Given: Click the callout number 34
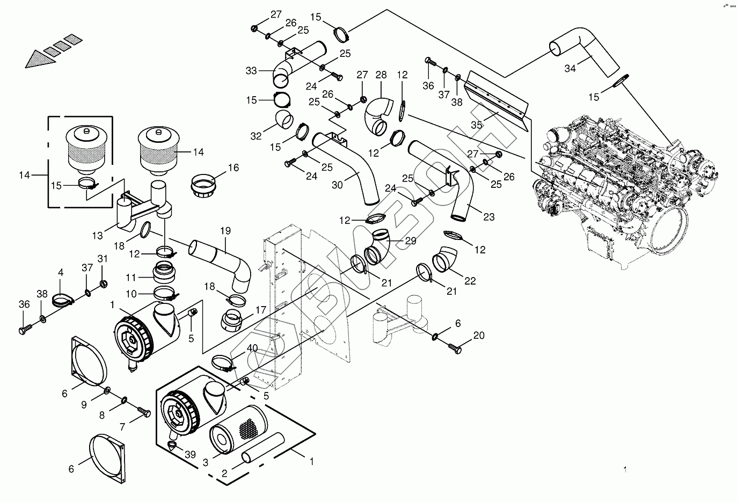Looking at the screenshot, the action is pyautogui.click(x=570, y=69).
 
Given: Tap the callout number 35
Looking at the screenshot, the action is pyautogui.click(x=476, y=125).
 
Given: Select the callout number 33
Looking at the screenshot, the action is pyautogui.click(x=251, y=71).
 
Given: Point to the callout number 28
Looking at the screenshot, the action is pyautogui.click(x=381, y=75).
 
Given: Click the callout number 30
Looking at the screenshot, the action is pyautogui.click(x=337, y=185).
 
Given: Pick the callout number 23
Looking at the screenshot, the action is pyautogui.click(x=488, y=217).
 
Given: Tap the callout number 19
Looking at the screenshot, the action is pyautogui.click(x=225, y=231).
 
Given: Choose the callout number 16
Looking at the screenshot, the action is pyautogui.click(x=233, y=168).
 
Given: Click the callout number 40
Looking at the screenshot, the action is pyautogui.click(x=252, y=348).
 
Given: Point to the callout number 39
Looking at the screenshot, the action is pyautogui.click(x=190, y=455).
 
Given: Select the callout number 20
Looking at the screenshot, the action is pyautogui.click(x=479, y=336).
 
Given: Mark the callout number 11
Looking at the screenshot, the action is pyautogui.click(x=130, y=278).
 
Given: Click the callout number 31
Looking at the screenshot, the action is pyautogui.click(x=103, y=259).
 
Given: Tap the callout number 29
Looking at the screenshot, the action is pyautogui.click(x=411, y=241).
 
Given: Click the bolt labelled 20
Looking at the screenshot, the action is pyautogui.click(x=455, y=348).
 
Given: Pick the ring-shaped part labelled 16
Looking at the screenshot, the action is pyautogui.click(x=203, y=186).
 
